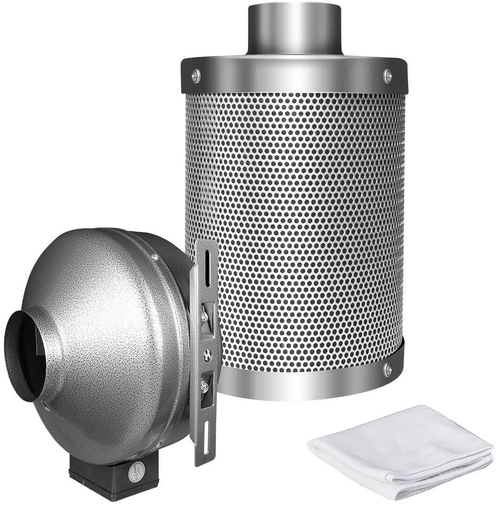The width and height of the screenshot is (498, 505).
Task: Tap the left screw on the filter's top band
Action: click(196, 75)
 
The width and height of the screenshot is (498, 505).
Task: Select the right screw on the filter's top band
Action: click(388, 75)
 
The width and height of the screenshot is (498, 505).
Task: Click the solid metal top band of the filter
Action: click(294, 75)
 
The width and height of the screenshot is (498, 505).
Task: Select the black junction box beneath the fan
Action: click(107, 475)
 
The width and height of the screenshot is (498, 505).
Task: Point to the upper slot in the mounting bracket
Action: click(207, 267)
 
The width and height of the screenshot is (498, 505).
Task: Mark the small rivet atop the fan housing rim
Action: click(154, 257)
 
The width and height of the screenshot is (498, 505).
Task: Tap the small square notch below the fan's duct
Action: click(46, 406)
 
